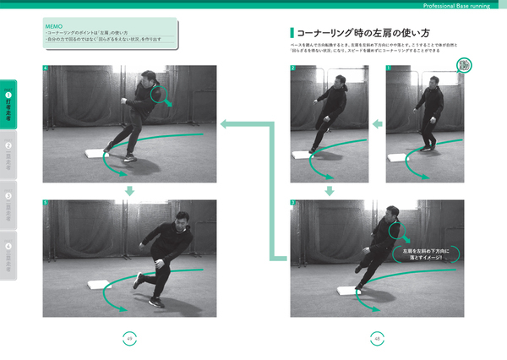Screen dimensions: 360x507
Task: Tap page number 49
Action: pyautogui.click(x=129, y=337)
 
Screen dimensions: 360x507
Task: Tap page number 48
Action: pyautogui.click(x=376, y=337)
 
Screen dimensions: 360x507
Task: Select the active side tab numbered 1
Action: pyautogui.click(x=8, y=105)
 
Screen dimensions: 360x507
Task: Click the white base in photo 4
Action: pyautogui.click(x=97, y=154)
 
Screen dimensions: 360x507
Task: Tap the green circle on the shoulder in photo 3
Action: pyautogui.click(x=394, y=229)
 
